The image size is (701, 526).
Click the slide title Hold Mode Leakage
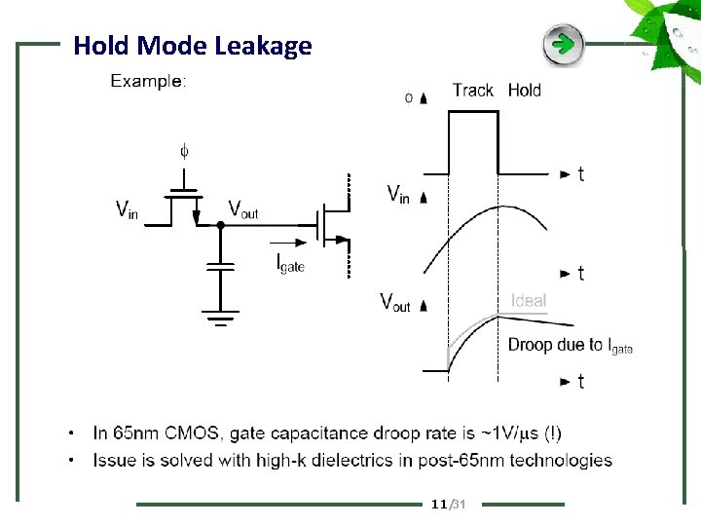(192, 46)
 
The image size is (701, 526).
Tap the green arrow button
(563, 44)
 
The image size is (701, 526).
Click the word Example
(146, 81)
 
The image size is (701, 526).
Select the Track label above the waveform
(473, 91)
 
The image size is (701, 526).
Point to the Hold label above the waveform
(525, 91)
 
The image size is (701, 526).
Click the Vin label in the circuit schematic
(127, 208)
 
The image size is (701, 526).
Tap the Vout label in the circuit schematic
(243, 208)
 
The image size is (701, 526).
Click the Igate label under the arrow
(291, 261)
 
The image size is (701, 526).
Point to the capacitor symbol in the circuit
(221, 266)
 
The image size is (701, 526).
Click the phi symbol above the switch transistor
(184, 151)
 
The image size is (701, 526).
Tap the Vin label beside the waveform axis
(398, 194)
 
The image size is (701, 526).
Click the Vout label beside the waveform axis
(395, 302)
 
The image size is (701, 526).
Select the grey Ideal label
(529, 301)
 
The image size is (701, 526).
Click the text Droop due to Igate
(570, 345)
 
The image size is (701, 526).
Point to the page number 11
(437, 504)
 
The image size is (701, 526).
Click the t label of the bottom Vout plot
(581, 381)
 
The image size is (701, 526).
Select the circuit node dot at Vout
(221, 224)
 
